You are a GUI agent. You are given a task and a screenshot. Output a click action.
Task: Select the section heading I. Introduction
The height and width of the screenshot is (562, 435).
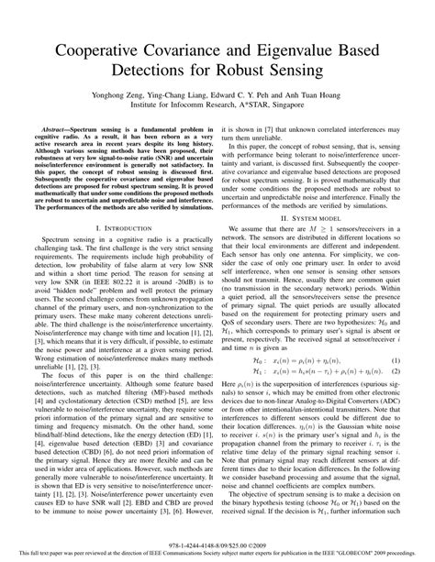117,251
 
